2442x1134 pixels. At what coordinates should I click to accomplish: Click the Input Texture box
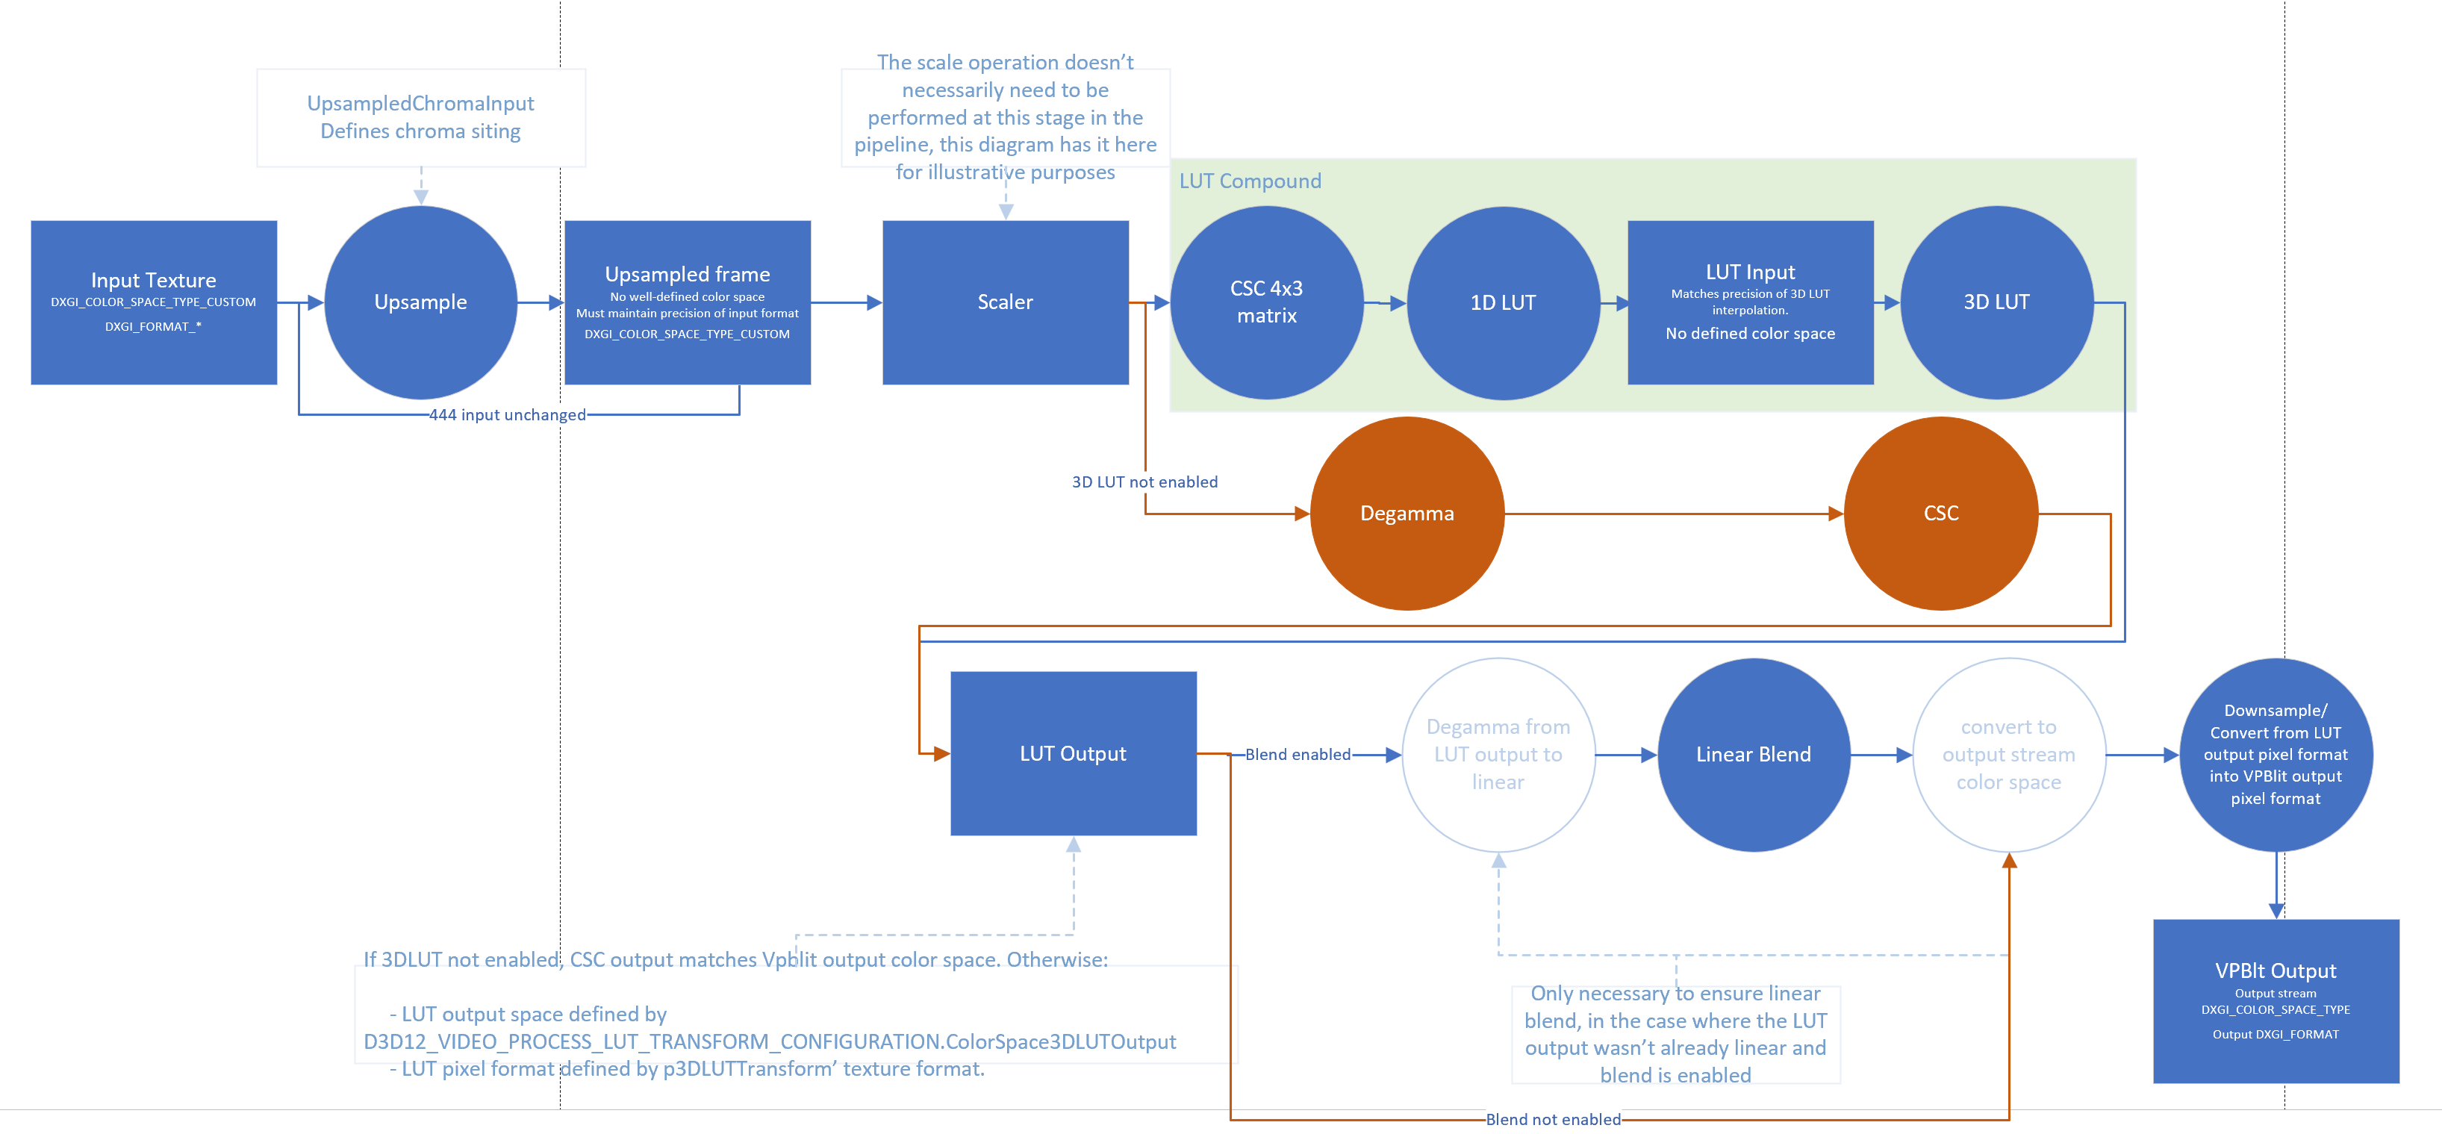coord(154,302)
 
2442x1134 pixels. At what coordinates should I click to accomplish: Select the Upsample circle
coord(421,302)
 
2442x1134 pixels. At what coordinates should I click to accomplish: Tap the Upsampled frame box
coord(688,302)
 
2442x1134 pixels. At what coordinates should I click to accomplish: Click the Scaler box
coord(1005,302)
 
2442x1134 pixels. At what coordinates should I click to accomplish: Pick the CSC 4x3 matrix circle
coord(1266,302)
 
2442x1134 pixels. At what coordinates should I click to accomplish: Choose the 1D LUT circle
coord(1503,302)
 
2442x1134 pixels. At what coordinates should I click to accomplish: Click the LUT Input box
coord(1750,302)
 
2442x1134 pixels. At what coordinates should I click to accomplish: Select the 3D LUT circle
coord(1996,302)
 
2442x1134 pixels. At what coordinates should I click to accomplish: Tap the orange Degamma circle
coord(1407,513)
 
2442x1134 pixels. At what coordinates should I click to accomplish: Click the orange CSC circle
coord(1940,513)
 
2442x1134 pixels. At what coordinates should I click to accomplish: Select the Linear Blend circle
coord(1753,755)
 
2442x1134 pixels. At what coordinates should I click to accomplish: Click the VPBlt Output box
coord(2276,1000)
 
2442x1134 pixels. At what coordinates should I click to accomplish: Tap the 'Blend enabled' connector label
coord(1298,755)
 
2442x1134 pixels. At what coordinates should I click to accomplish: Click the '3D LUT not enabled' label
coord(1144,482)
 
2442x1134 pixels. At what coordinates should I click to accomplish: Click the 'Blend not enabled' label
coord(1553,1119)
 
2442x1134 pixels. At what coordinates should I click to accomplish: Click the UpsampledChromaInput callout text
coord(420,116)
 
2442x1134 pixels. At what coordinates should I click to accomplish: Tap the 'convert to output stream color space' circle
coord(2009,755)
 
